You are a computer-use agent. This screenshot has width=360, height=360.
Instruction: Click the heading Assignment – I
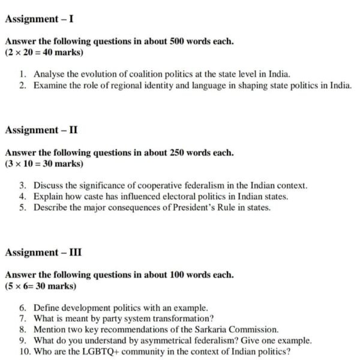tap(39, 19)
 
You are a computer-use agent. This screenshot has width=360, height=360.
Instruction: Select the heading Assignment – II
tap(41, 130)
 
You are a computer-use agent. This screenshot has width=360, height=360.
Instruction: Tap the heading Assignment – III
tap(43, 252)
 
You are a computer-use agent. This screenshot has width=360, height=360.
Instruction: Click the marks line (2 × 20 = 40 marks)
tap(44, 52)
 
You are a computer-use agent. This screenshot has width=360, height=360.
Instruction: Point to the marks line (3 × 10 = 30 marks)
tap(44, 163)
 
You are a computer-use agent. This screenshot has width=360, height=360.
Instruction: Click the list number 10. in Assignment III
tap(25, 352)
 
